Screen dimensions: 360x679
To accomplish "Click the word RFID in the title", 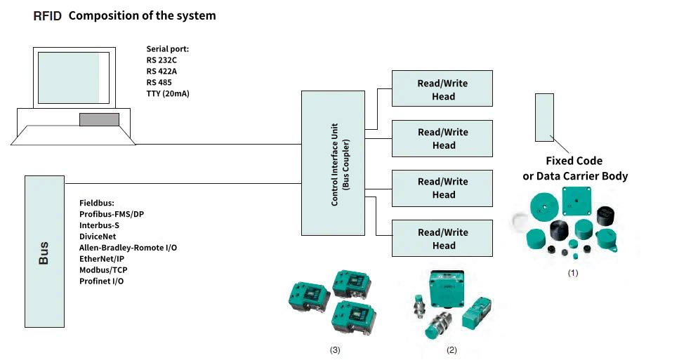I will [x=47, y=15].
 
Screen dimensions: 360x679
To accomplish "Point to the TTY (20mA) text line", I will [x=169, y=93].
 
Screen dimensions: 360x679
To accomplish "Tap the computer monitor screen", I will [x=68, y=77].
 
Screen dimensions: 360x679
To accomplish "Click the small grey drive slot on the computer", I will [x=99, y=119].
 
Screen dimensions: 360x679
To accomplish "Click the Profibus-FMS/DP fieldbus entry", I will [x=117, y=214].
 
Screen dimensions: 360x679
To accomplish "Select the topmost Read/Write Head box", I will [x=442, y=89].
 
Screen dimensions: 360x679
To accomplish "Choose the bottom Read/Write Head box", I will [x=442, y=239].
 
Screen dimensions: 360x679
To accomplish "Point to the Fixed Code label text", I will [x=574, y=161].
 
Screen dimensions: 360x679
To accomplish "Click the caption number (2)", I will [x=452, y=349].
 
